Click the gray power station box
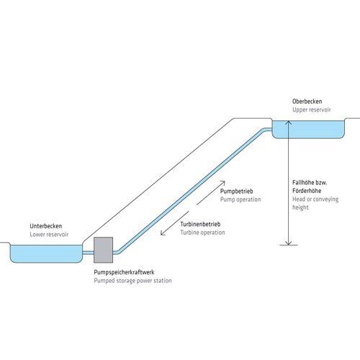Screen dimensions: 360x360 [x=103, y=250]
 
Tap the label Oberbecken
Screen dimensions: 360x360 [x=307, y=102]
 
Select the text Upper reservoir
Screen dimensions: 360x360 [x=312, y=109]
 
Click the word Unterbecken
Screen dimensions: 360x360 [x=46, y=226]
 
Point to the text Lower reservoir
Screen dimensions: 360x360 [x=49, y=234]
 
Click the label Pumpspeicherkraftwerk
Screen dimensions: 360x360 [x=124, y=272]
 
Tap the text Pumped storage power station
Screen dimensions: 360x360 [x=132, y=281]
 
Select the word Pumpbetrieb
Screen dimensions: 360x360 [x=237, y=192]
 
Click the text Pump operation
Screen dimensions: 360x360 [x=240, y=199]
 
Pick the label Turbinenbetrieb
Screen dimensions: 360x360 [x=200, y=224]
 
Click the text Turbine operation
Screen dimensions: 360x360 [x=202, y=233]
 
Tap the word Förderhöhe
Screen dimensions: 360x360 [x=307, y=191]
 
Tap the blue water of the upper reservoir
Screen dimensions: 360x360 [x=308, y=130]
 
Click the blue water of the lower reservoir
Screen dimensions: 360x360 [x=46, y=253]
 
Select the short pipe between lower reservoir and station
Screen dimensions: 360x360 [x=88, y=253]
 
